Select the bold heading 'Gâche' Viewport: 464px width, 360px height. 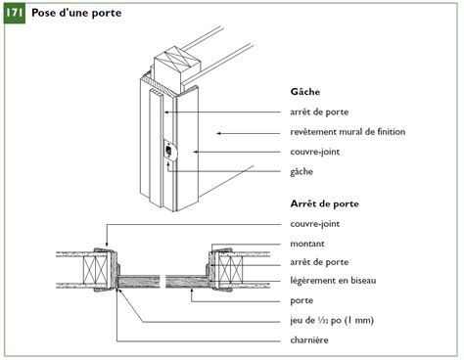point(305,92)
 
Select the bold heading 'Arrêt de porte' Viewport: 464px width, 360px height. point(324,204)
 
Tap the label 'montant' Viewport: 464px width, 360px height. point(308,244)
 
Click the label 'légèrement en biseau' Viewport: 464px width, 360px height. point(333,282)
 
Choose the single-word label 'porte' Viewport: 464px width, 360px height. point(302,300)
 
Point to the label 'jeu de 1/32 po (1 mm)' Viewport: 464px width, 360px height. point(332,320)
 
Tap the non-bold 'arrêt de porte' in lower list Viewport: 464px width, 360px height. point(318,262)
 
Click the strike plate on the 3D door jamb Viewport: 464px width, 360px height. point(169,151)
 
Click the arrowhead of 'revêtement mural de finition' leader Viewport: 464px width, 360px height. point(217,132)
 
